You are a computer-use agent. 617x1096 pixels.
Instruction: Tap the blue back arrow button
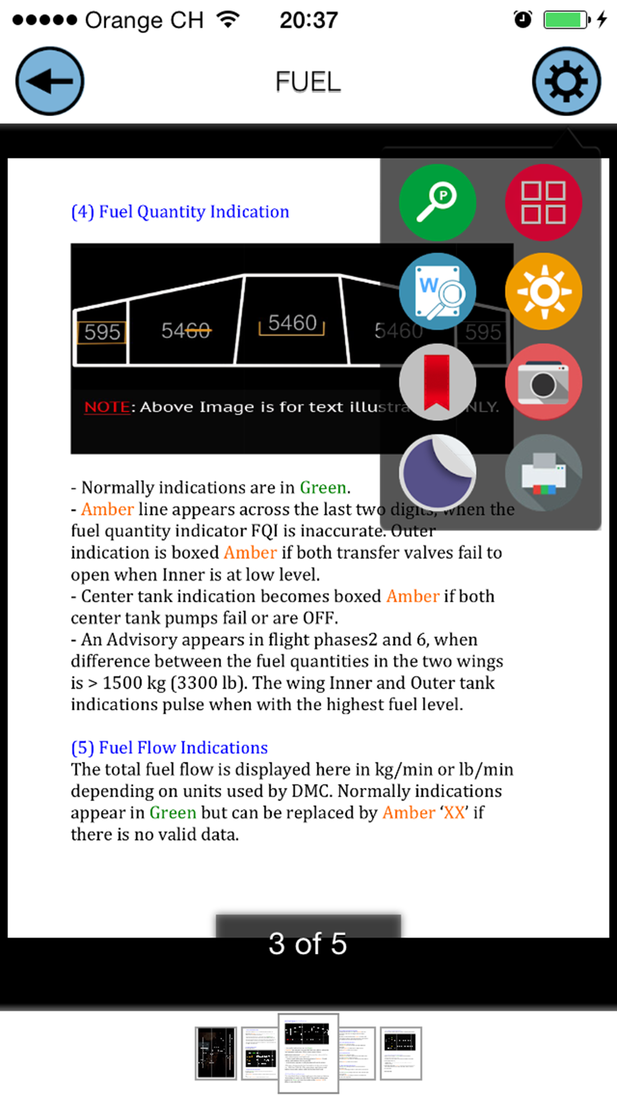coord(50,81)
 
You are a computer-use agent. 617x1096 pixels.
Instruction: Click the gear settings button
coord(566,81)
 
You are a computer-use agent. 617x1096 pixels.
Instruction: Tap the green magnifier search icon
coord(437,203)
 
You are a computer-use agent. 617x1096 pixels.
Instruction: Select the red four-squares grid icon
coord(543,203)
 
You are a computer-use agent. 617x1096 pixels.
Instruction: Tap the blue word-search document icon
coord(437,292)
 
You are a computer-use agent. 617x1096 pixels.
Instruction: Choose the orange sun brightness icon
coord(543,292)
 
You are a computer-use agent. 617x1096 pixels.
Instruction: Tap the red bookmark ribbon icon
coord(437,382)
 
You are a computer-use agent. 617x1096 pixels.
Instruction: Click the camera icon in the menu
coord(543,382)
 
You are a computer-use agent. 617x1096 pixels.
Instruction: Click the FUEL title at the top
coord(308,82)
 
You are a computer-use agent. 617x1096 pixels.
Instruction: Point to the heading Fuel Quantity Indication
coord(180,212)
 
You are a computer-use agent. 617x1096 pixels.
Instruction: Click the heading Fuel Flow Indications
coord(169,748)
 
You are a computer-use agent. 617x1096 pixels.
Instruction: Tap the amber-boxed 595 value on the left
coord(102,332)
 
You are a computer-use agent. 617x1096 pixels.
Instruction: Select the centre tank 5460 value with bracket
coord(292,324)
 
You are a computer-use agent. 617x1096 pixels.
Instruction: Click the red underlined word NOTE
coord(107,407)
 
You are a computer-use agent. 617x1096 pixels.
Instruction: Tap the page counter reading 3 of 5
coord(308,943)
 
